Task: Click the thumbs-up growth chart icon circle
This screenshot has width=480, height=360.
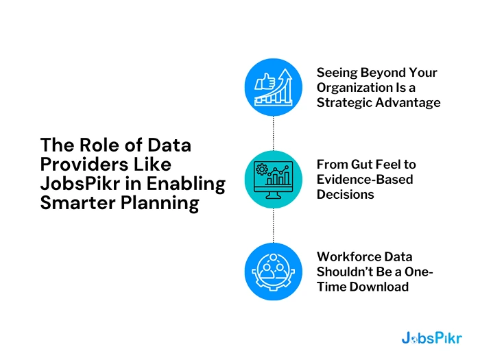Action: point(274,87)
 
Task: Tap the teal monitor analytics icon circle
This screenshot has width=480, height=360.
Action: point(274,179)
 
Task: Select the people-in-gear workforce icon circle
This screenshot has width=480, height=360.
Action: point(274,272)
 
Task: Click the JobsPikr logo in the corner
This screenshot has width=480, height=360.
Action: point(431,337)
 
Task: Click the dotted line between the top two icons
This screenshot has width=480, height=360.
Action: point(274,133)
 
